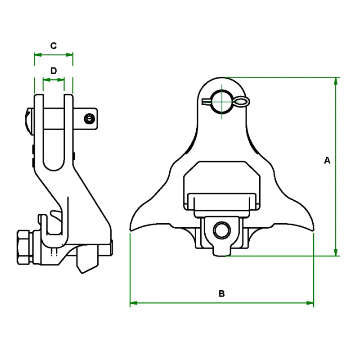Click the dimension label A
(x=327, y=160)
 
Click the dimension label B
(x=221, y=294)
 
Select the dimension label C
(x=54, y=45)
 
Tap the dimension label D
(x=54, y=71)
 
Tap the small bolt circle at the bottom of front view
(x=221, y=230)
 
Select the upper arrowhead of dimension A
(x=336, y=81)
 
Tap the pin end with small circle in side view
(x=90, y=119)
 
